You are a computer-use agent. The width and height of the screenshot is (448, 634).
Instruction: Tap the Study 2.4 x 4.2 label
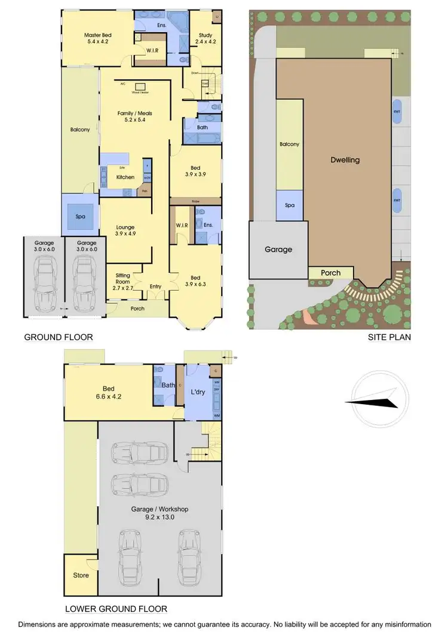click(205, 39)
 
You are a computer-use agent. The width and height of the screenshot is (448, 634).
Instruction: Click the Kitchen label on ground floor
click(125, 177)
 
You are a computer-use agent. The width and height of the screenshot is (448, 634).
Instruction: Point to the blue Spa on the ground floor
click(80, 216)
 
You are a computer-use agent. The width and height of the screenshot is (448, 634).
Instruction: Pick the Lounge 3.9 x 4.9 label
click(125, 230)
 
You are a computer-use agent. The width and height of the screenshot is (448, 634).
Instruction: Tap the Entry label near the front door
click(155, 287)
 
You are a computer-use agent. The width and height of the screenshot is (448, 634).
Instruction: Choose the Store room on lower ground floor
click(81, 575)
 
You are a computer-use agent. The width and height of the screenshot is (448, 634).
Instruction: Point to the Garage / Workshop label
click(159, 512)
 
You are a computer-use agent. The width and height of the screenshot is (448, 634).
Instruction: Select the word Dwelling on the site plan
click(345, 160)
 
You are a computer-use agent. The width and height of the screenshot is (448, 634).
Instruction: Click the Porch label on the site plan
click(330, 273)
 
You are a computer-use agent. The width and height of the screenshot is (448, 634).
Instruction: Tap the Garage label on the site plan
click(278, 250)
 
